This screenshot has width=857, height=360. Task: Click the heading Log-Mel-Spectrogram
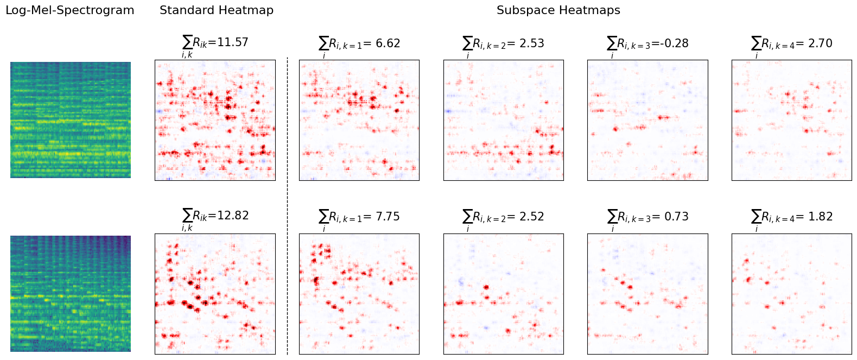pyautogui.click(x=69, y=10)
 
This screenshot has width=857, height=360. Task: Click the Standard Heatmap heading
pyautogui.click(x=216, y=10)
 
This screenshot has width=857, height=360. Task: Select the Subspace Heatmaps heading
pyautogui.click(x=558, y=10)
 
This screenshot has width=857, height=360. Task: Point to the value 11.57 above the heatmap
pyautogui.click(x=232, y=42)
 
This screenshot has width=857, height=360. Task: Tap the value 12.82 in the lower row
pyautogui.click(x=232, y=216)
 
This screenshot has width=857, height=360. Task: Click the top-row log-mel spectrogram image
pyautogui.click(x=71, y=119)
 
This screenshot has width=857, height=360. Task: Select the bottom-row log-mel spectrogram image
pyautogui.click(x=71, y=293)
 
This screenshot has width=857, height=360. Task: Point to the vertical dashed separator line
pyautogui.click(x=287, y=206)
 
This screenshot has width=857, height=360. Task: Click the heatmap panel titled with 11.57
pyautogui.click(x=215, y=120)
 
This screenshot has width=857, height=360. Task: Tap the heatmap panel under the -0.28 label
pyautogui.click(x=647, y=120)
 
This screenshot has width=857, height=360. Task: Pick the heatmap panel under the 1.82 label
pyautogui.click(x=791, y=294)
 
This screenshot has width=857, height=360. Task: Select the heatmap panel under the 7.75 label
pyautogui.click(x=359, y=294)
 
